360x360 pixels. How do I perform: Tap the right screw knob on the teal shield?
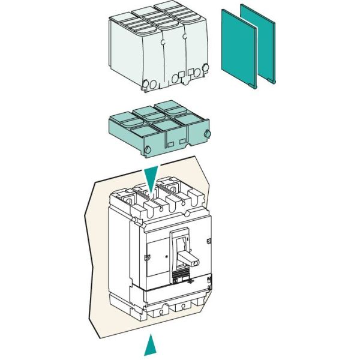pos(208,133)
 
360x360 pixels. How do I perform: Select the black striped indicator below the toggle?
pos(178,277)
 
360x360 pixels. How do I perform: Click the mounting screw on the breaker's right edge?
pos(208,241)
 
